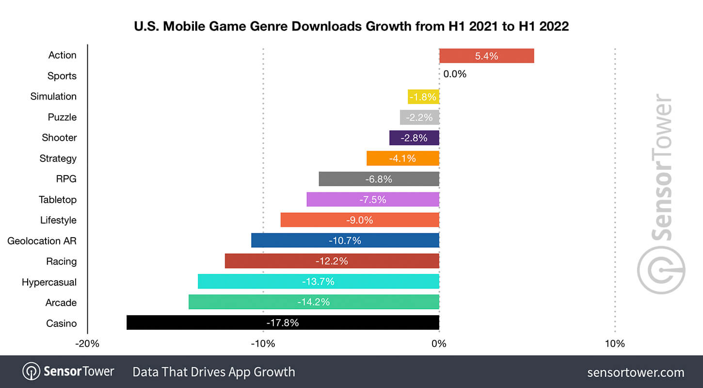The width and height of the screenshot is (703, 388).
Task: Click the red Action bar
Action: point(486,56)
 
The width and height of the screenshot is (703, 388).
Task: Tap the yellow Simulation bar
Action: point(423,97)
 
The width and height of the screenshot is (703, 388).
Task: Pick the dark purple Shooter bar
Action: point(414,138)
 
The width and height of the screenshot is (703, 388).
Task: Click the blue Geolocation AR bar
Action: point(345,240)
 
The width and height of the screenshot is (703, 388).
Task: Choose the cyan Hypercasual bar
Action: point(318,281)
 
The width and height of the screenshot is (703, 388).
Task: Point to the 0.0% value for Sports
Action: point(454,74)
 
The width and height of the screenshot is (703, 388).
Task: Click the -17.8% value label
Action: point(282,323)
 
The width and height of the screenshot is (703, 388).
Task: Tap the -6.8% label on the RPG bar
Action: point(378,179)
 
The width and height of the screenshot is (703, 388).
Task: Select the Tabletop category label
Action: point(58,199)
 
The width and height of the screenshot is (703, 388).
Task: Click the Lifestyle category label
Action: point(58,220)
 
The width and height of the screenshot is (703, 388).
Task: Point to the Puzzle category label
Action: point(62,117)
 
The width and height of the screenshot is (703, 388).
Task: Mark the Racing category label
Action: point(61,261)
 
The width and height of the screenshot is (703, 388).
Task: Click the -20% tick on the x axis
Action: point(87,344)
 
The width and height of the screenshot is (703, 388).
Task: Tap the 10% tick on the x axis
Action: point(615,344)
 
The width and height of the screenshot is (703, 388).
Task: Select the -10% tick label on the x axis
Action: point(263,344)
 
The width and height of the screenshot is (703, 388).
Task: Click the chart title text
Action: point(351,26)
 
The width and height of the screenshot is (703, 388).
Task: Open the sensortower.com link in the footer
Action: point(635,372)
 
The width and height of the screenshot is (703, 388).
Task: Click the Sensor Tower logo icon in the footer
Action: point(31,372)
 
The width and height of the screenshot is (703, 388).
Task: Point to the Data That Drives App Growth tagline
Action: point(214,372)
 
